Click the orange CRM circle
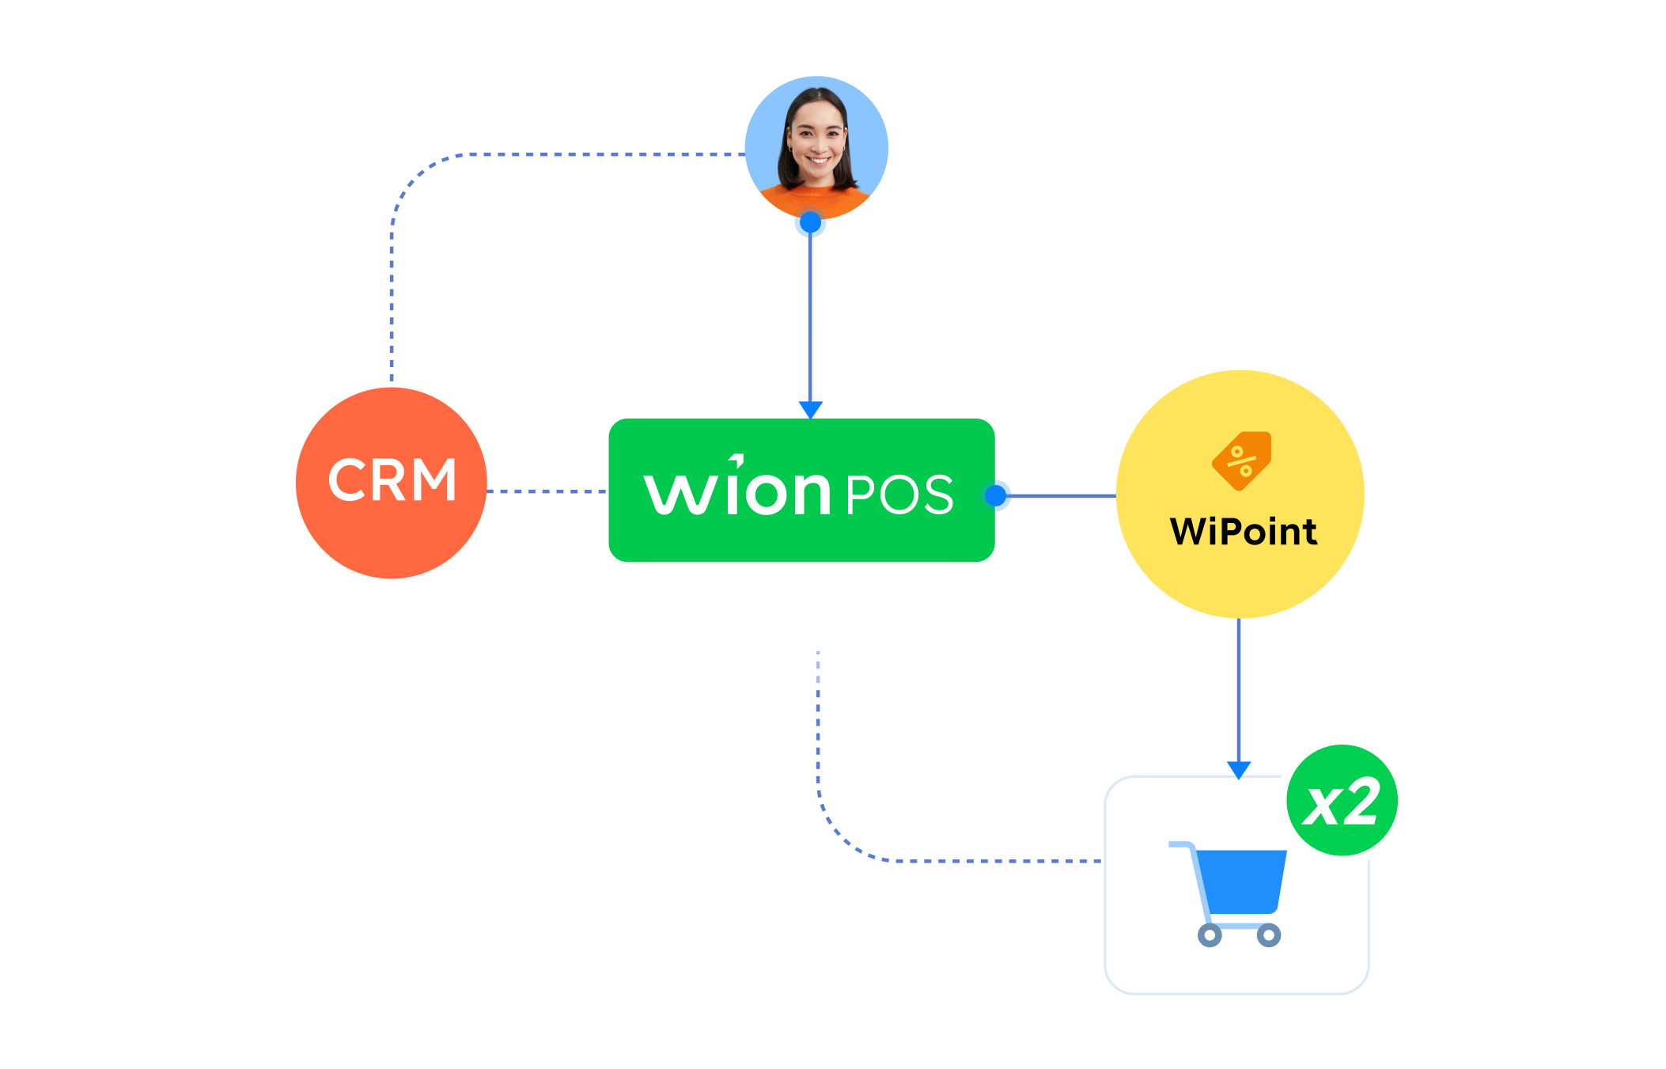pyautogui.click(x=391, y=483)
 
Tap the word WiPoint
pyautogui.click(x=1243, y=532)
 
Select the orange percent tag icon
pyautogui.click(x=1241, y=461)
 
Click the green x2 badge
pyautogui.click(x=1342, y=802)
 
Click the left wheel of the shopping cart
pyautogui.click(x=1209, y=935)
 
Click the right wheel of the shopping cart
pyautogui.click(x=1268, y=935)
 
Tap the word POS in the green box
pyautogui.click(x=899, y=495)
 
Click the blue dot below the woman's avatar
pyautogui.click(x=810, y=223)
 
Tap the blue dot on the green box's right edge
pyautogui.click(x=997, y=495)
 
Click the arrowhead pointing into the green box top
pyautogui.click(x=811, y=409)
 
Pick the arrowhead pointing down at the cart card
pyautogui.click(x=1239, y=769)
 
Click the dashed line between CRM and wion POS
pyautogui.click(x=546, y=491)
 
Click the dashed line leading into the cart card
pyautogui.click(x=989, y=860)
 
